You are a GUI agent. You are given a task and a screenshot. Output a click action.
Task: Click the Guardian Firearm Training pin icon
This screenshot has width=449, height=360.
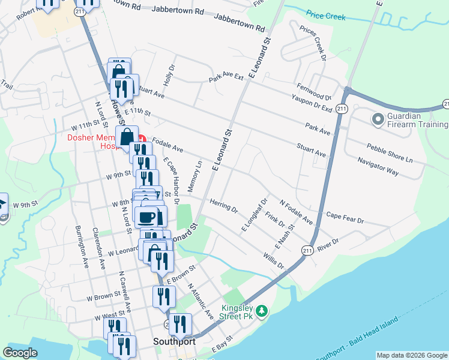tap(378, 120)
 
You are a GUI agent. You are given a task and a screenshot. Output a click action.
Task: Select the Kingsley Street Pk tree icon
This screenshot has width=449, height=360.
tap(261, 311)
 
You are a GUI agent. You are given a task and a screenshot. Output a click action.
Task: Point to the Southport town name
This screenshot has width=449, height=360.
tap(174, 341)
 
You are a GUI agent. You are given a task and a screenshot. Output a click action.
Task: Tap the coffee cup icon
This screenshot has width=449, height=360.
tap(146, 217)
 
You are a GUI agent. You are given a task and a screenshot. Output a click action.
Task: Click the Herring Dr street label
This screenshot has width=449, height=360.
tap(224, 206)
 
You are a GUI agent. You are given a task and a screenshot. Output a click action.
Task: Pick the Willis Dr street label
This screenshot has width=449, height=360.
tap(273, 261)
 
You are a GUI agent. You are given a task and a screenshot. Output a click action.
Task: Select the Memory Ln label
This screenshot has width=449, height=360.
tap(194, 176)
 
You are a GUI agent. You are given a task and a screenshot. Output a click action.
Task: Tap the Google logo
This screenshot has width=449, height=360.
tap(20, 353)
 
